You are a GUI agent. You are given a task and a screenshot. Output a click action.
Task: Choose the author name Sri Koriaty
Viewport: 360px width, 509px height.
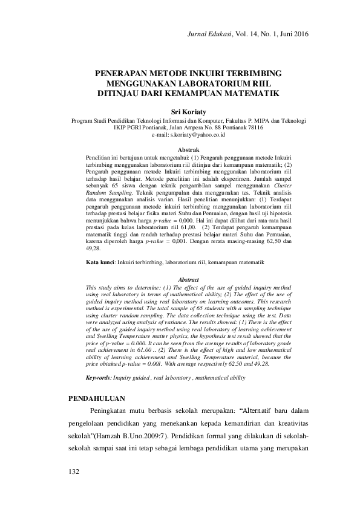pos(188,112)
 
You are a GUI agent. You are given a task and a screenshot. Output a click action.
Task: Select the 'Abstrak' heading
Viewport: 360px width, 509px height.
pos(188,149)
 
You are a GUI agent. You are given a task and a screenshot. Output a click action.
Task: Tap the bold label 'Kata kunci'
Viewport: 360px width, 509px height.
pos(99,263)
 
